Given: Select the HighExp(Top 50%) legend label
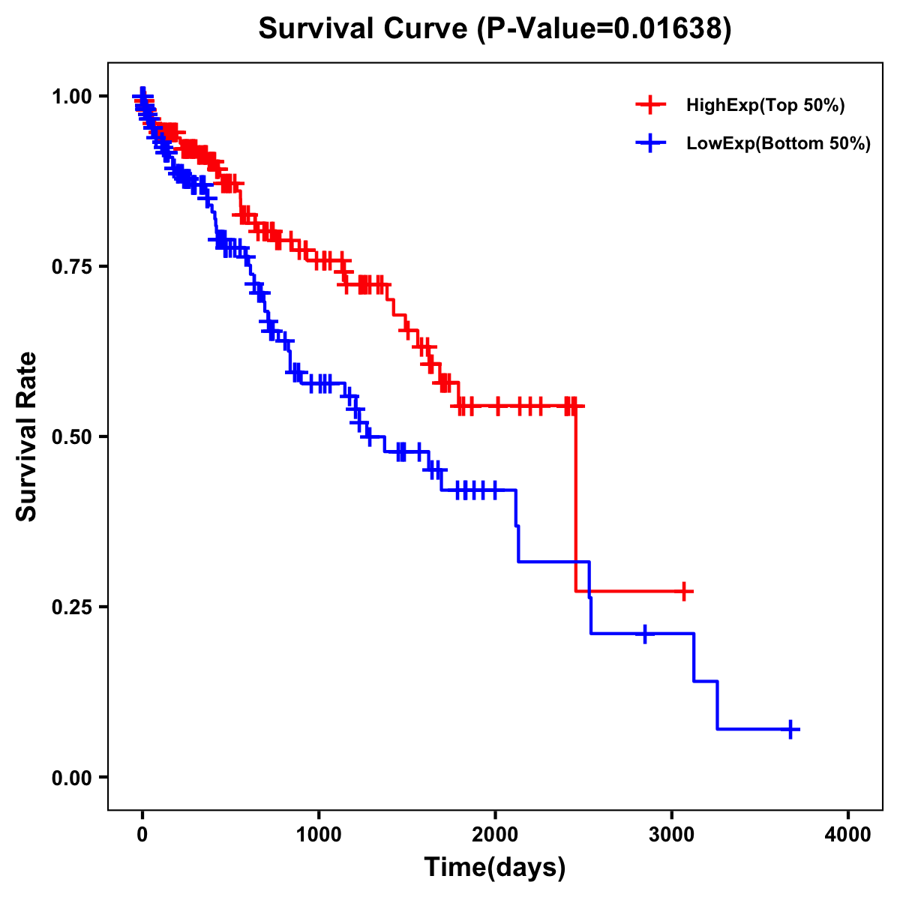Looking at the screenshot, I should [x=765, y=106].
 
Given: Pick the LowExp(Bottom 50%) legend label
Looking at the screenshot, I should [x=778, y=144].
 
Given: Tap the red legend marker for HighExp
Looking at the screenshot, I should [x=650, y=105].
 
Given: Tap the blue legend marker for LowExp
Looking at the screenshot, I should [x=650, y=143].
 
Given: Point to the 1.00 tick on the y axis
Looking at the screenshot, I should [x=70, y=96].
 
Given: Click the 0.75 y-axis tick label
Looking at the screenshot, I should [x=70, y=266].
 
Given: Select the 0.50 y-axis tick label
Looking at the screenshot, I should [x=70, y=436].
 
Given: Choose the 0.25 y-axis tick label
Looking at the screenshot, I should [x=70, y=607].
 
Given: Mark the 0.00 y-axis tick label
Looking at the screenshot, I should [x=70, y=778].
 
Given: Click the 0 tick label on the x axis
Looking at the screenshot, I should [x=142, y=835].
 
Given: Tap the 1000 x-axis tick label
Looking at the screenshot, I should [x=319, y=835].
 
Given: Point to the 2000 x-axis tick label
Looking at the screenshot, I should [x=495, y=835].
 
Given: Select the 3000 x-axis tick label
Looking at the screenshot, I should [x=672, y=835].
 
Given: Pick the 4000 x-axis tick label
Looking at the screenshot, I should [x=848, y=835].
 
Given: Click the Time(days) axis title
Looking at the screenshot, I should [x=495, y=868].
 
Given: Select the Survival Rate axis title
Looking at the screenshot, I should [x=28, y=436].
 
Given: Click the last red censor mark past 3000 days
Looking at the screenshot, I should [x=683, y=591].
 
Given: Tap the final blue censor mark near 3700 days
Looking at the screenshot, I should [x=790, y=729].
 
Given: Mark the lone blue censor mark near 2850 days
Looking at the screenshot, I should [x=644, y=634].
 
